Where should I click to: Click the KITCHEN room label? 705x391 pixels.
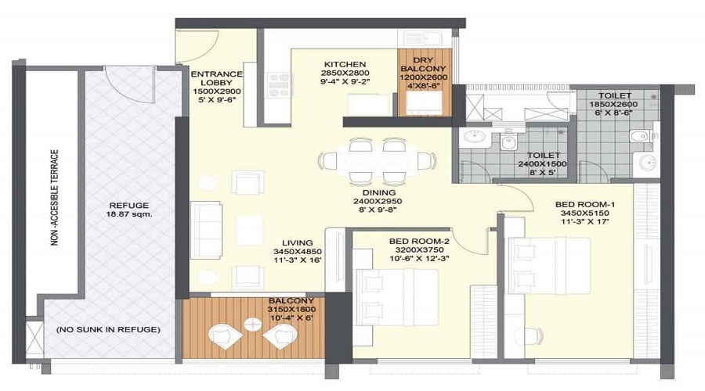(345, 64)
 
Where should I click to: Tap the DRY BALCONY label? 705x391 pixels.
(423, 64)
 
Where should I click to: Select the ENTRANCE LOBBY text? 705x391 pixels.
(216, 78)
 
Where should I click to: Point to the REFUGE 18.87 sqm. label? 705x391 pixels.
(129, 210)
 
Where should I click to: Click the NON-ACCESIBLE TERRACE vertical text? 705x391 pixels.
(55, 197)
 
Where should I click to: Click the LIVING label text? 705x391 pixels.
(297, 243)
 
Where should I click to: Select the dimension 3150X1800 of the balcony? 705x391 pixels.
(291, 310)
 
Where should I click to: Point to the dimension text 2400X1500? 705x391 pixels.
(542, 164)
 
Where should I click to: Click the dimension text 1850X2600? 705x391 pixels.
(613, 104)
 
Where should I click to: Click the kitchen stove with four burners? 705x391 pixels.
(279, 84)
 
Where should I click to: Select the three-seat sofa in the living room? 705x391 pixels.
(206, 230)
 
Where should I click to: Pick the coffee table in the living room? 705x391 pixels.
(249, 230)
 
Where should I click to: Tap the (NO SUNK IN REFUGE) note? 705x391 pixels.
(108, 329)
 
